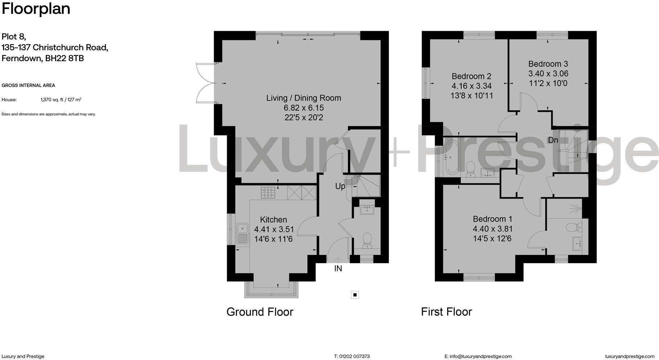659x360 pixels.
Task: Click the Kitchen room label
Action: click(273, 220)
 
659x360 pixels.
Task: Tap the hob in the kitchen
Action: click(268, 193)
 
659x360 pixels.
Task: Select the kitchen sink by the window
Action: click(242, 234)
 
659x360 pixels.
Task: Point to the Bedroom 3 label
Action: click(548, 64)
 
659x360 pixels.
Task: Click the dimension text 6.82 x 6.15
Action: click(304, 108)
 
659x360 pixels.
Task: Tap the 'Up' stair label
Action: click(340, 186)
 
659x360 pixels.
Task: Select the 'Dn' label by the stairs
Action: click(553, 140)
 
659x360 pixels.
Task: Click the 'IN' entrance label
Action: click(338, 269)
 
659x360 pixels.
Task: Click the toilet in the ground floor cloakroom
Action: click(367, 240)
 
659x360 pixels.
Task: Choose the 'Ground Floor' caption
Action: click(260, 312)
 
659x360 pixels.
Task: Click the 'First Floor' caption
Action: click(446, 312)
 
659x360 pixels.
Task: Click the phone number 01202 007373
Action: click(355, 356)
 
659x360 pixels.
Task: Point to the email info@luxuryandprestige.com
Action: click(480, 356)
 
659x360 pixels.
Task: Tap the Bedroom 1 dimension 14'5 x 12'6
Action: click(492, 239)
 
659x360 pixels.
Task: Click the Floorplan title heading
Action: click(36, 9)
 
